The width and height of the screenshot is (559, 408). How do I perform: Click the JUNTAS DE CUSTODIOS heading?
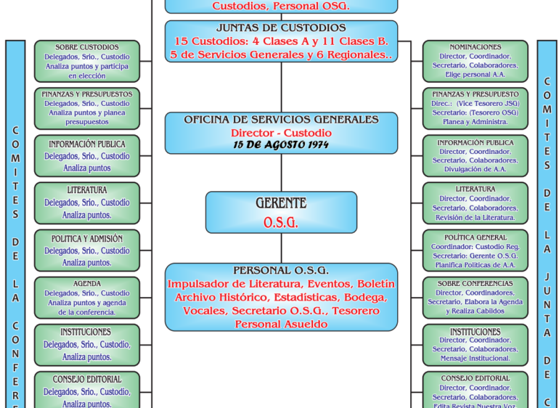281,28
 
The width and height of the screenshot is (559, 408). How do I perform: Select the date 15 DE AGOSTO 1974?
281,144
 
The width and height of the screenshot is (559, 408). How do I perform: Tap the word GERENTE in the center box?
281,203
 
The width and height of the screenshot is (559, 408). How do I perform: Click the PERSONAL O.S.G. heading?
281,271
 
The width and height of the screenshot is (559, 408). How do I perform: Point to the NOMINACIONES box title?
476,47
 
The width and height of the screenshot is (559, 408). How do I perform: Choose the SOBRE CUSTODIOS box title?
87,47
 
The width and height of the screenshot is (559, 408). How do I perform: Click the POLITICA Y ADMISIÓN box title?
87,239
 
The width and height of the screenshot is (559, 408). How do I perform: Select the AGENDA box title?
87,284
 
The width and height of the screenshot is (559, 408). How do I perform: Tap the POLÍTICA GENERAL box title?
476,237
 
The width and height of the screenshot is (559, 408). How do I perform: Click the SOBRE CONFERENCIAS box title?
476,284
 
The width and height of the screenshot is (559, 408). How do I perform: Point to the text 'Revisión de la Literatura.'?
476,217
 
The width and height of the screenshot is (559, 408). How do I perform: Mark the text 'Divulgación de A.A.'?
476,170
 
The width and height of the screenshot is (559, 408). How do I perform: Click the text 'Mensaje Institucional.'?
476,359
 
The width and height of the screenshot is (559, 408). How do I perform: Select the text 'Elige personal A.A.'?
476,75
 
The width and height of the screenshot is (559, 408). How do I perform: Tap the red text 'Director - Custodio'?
281,133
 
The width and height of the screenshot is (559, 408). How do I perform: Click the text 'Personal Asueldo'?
281,325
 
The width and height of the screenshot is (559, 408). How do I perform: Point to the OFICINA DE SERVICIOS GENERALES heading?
281,120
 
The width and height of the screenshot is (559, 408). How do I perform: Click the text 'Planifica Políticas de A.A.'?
476,265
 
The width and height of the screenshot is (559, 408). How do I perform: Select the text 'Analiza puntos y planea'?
87,113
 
